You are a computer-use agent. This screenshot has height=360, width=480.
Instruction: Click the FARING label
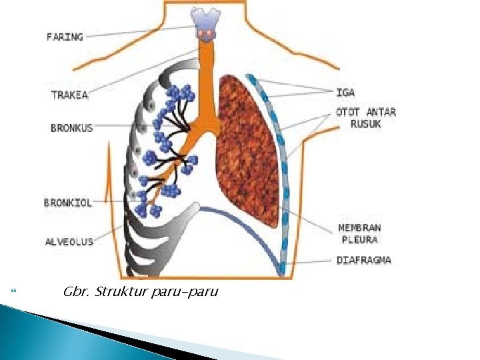click(x=65, y=37)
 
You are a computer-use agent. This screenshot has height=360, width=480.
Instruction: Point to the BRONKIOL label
click(x=68, y=203)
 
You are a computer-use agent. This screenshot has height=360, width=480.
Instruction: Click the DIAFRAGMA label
click(x=364, y=260)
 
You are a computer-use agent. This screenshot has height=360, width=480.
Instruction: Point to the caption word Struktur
click(x=121, y=292)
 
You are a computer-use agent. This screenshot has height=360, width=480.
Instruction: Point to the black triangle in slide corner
click(x=127, y=337)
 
